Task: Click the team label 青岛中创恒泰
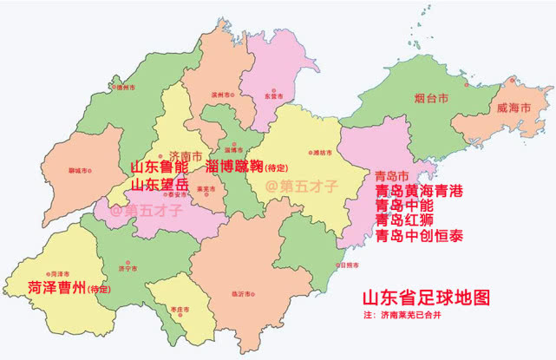pyautogui.click(x=418, y=235)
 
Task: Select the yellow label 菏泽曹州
pyautogui.click(x=56, y=288)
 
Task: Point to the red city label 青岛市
pyautogui.click(x=392, y=175)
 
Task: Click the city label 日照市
pyautogui.click(x=349, y=265)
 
